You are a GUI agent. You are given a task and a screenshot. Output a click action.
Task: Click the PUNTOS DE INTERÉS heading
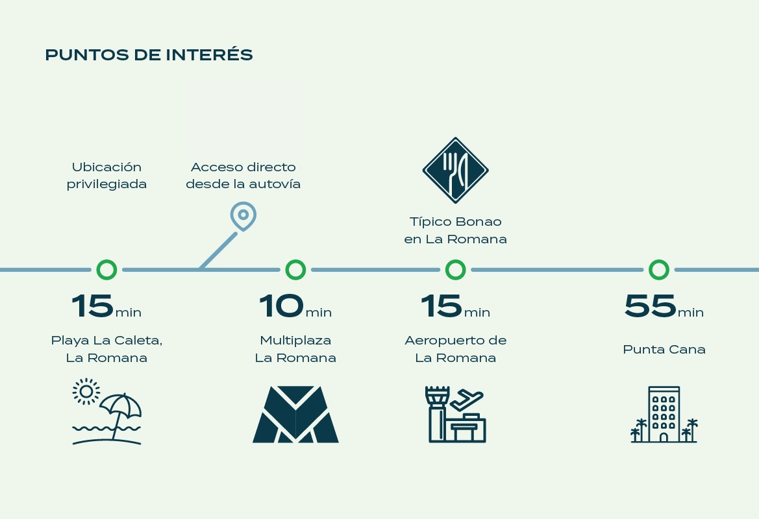pyautogui.click(x=149, y=54)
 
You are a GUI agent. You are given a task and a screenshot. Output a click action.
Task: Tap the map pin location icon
pyautogui.click(x=243, y=208)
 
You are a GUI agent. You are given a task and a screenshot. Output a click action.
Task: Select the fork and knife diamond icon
pyautogui.click(x=456, y=170)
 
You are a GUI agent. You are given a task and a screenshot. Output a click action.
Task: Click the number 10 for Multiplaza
pyautogui.click(x=281, y=306)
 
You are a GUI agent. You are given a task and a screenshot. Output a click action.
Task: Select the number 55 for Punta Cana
pyautogui.click(x=650, y=306)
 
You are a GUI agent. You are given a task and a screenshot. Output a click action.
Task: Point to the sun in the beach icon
pyautogui.click(x=86, y=391)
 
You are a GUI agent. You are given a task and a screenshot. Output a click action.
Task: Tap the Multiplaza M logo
pyautogui.click(x=296, y=414)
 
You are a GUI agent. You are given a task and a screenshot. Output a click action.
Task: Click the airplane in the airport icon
pyautogui.click(x=466, y=400)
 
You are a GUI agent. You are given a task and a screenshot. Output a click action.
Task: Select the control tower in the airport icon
pyautogui.click(x=436, y=413)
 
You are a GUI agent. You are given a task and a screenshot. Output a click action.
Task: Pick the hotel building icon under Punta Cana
pyautogui.click(x=664, y=414)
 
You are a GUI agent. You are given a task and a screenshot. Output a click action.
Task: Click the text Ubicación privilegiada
pyautogui.click(x=106, y=175)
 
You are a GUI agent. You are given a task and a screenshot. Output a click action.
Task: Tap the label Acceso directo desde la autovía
pyautogui.click(x=243, y=175)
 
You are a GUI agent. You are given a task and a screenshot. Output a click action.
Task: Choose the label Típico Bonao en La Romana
pyautogui.click(x=456, y=230)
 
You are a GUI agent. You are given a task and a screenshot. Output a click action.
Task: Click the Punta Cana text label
pyautogui.click(x=664, y=349)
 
